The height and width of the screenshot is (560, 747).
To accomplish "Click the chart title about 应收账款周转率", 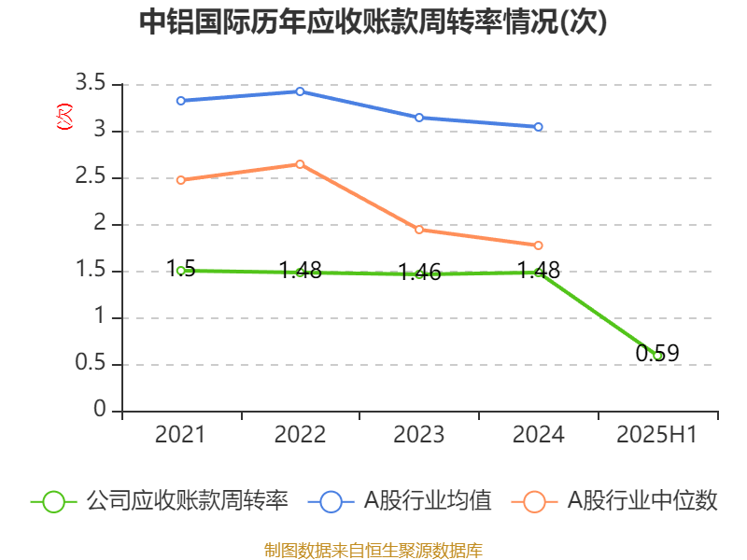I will pos(373,22).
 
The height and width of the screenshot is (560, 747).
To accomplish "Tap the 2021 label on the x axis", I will pos(180,434).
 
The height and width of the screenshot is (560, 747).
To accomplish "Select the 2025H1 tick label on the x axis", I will pos(657,434).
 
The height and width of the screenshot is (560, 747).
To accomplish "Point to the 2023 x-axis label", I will pos(419,434).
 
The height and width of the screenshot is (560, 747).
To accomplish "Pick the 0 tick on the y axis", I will pos(101,412).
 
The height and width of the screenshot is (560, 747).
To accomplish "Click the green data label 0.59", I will pos(657,354).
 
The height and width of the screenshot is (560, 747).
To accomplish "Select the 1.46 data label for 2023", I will pos(419,273).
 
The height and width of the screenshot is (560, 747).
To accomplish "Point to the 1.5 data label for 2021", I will pos(180,269).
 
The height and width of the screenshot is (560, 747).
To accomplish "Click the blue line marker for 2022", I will pos(300,91).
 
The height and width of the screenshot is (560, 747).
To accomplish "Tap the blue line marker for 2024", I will pos(539,127).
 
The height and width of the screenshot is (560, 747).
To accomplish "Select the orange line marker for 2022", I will pos(300,164).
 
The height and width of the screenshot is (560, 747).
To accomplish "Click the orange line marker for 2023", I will pos(419,230).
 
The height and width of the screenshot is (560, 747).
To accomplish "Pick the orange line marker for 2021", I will pos(180,180).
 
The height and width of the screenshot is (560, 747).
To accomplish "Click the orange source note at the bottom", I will pos(373,550).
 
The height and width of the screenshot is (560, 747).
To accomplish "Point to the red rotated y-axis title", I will pos(64,117).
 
